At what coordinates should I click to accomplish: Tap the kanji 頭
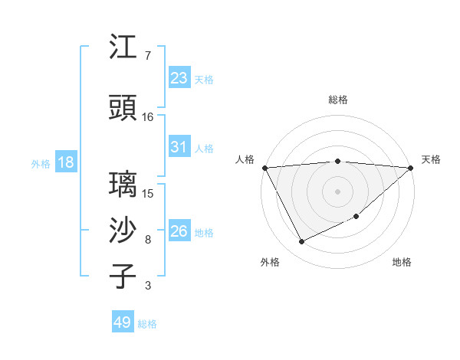pos(123,108)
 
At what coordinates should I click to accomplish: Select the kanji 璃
pos(123,185)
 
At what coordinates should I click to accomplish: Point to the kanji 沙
pos(123,231)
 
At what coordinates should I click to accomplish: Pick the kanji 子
pos(123,277)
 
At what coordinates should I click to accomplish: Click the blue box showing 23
pos(179,77)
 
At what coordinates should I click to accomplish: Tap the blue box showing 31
pos(179,147)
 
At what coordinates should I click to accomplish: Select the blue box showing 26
pos(179,231)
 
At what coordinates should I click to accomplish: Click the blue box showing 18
pos(66,162)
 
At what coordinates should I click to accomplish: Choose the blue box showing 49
pos(123,322)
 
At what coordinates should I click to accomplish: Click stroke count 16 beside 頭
pos(148,117)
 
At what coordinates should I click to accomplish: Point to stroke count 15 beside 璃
pos(148,194)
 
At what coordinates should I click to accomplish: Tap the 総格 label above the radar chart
pos(338,100)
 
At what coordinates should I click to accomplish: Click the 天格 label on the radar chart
pos(431,159)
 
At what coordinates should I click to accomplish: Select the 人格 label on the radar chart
pos(245,159)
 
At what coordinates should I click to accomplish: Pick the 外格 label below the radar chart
pos(270,262)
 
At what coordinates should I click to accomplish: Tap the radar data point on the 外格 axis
pos(301,242)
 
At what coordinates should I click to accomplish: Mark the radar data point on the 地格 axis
pos(356,217)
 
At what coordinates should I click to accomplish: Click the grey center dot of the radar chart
pos(338,191)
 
